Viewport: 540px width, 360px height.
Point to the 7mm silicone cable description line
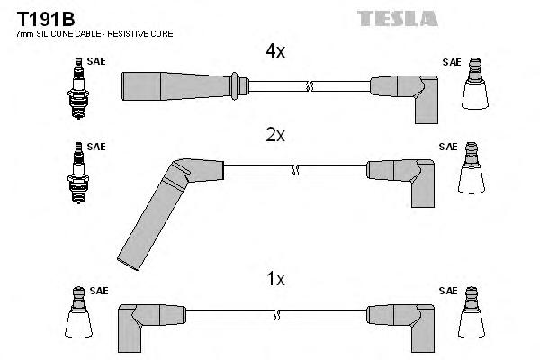click(94, 33)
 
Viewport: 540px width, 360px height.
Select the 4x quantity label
click(274, 52)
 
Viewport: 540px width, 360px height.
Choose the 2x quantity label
click(274, 136)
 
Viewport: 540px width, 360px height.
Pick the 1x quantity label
click(274, 280)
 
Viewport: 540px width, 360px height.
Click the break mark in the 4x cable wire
click(310, 86)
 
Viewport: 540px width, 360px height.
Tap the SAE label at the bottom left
click(98, 291)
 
